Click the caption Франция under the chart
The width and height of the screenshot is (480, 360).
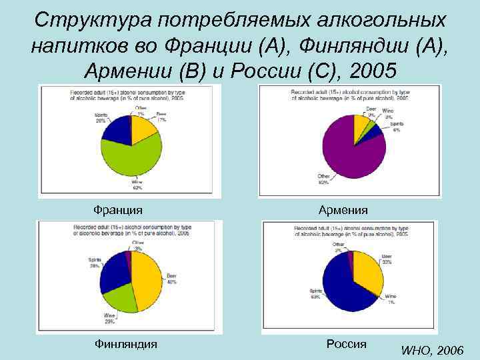click(118, 210)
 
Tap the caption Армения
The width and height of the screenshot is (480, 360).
click(343, 210)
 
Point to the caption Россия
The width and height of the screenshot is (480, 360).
click(347, 344)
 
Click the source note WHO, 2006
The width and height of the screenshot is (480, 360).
click(433, 350)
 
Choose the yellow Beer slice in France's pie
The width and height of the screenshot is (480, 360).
click(143, 128)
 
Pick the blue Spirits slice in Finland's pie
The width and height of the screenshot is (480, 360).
click(115, 268)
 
